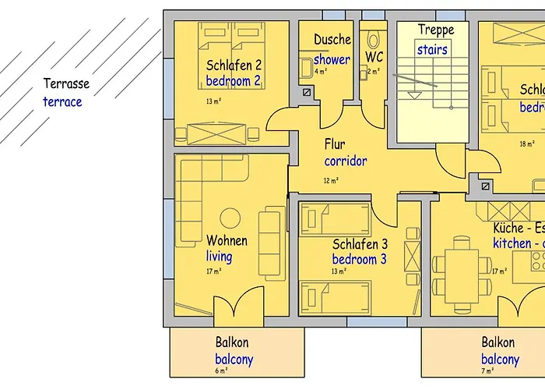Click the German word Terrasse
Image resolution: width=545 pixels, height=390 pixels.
click(66, 84)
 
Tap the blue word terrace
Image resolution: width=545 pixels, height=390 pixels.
click(62, 101)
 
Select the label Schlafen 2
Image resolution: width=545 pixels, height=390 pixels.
click(234, 65)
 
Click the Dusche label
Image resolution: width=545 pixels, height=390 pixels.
click(332, 39)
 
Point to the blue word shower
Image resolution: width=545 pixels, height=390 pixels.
click(332, 59)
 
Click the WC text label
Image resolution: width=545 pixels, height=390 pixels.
click(374, 57)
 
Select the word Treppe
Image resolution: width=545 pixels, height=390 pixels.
click(436, 30)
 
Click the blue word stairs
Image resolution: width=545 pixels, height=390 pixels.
click(432, 49)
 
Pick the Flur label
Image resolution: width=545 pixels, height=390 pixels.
click(335, 145)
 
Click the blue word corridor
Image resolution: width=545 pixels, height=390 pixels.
click(346, 161)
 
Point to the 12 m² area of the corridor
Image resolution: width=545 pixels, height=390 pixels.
click(331, 181)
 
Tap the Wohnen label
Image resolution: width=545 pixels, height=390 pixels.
click(227, 241)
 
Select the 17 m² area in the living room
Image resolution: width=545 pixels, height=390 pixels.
click(214, 271)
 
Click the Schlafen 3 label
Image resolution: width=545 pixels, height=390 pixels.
click(360, 244)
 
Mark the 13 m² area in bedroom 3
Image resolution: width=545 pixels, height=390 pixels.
click(339, 271)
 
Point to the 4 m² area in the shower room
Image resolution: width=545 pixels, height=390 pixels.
click(320, 72)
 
